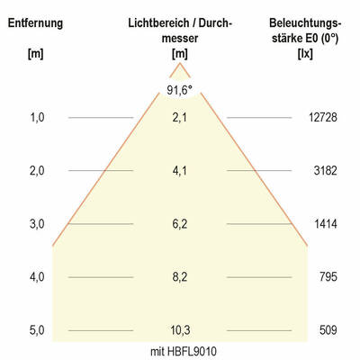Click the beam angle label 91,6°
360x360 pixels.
tap(180, 89)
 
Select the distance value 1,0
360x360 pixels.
tap(37, 117)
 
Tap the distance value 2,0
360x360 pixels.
tap(37, 170)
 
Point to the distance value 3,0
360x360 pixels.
tap(37, 223)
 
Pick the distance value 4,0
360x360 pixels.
tap(37, 276)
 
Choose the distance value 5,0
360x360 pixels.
tap(37, 330)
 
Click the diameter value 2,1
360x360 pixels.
tap(180, 117)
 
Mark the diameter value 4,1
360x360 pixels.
tap(180, 170)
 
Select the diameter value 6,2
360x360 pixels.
tap(180, 223)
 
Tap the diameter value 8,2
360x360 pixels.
tap(180, 276)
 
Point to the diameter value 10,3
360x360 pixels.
tap(180, 330)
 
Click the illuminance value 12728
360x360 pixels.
tap(321, 117)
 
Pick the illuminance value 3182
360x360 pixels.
tap(324, 170)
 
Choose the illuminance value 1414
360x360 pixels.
tap(324, 223)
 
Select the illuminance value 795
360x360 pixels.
tap(328, 276)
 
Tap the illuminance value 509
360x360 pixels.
tap(328, 330)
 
